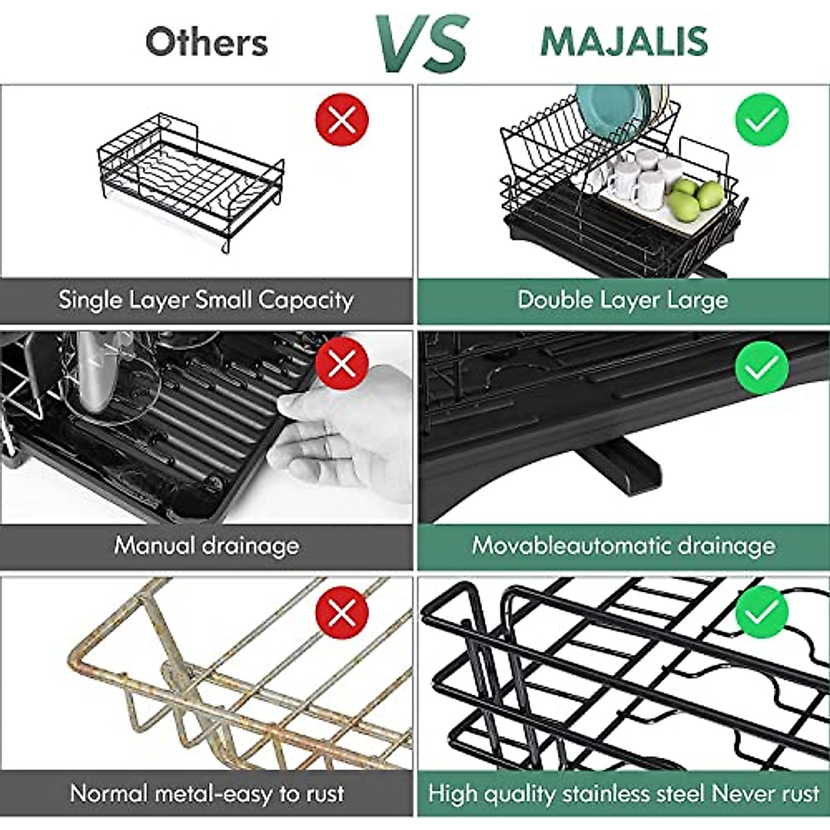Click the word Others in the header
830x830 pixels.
(x=206, y=42)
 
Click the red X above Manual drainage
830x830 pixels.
(x=342, y=363)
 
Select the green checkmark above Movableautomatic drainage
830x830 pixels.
(x=762, y=367)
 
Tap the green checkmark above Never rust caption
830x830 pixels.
(x=762, y=611)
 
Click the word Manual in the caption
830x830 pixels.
(x=155, y=546)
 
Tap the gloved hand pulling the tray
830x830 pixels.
(x=346, y=429)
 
